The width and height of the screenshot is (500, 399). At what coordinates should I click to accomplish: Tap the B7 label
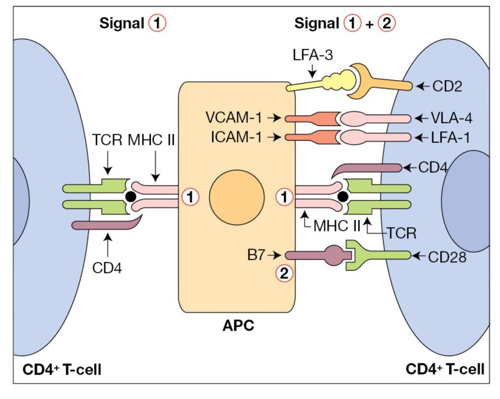click(258, 254)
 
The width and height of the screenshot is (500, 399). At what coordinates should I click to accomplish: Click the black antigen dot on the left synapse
click(132, 197)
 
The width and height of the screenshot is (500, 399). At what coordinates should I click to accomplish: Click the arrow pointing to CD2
click(421, 87)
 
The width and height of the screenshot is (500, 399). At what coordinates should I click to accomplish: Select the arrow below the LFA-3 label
click(312, 73)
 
